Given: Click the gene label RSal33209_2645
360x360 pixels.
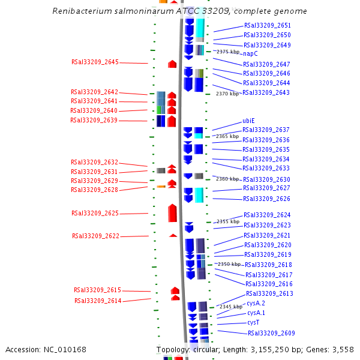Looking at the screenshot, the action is point(95,62).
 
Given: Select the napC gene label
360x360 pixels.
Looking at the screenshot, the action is point(250,54).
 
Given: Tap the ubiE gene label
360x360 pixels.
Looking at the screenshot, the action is point(248,121).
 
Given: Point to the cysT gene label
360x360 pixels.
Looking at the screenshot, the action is point(253,323).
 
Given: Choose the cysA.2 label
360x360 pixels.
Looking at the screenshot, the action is point(256,303).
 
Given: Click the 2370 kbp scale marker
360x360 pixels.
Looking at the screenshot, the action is point(227,94).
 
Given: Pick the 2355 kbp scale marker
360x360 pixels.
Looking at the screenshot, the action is point(228,221).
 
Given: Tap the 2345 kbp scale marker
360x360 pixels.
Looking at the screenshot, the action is point(231,307).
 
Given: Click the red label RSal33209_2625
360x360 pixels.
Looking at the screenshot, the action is point(95,213).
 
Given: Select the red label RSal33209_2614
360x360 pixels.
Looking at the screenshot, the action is point(98,301).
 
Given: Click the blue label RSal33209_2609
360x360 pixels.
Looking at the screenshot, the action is point(271,333).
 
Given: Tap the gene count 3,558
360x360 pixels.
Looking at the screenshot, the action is point(343,350).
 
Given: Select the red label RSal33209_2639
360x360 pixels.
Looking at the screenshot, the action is point(94,121).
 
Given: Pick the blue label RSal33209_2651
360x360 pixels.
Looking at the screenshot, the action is point(268,25).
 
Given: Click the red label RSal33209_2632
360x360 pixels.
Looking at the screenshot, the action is point(94,163).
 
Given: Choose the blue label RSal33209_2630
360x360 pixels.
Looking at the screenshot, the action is point(266,179).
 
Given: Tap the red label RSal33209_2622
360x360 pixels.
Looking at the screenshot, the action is point(96,236).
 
